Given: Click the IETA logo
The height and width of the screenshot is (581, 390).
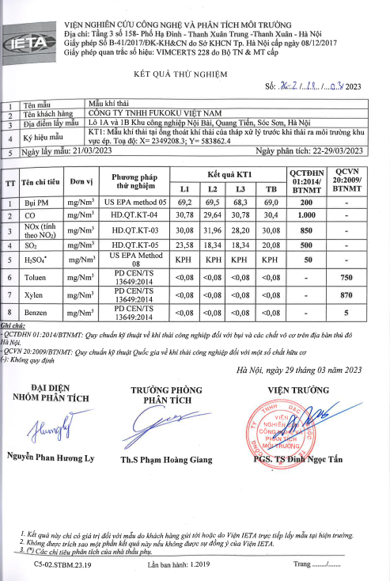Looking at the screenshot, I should click(29, 33).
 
